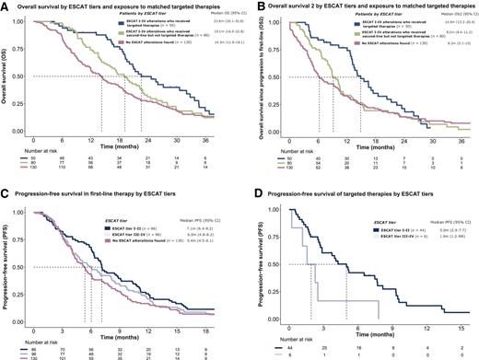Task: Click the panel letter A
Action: pos(6,6)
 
